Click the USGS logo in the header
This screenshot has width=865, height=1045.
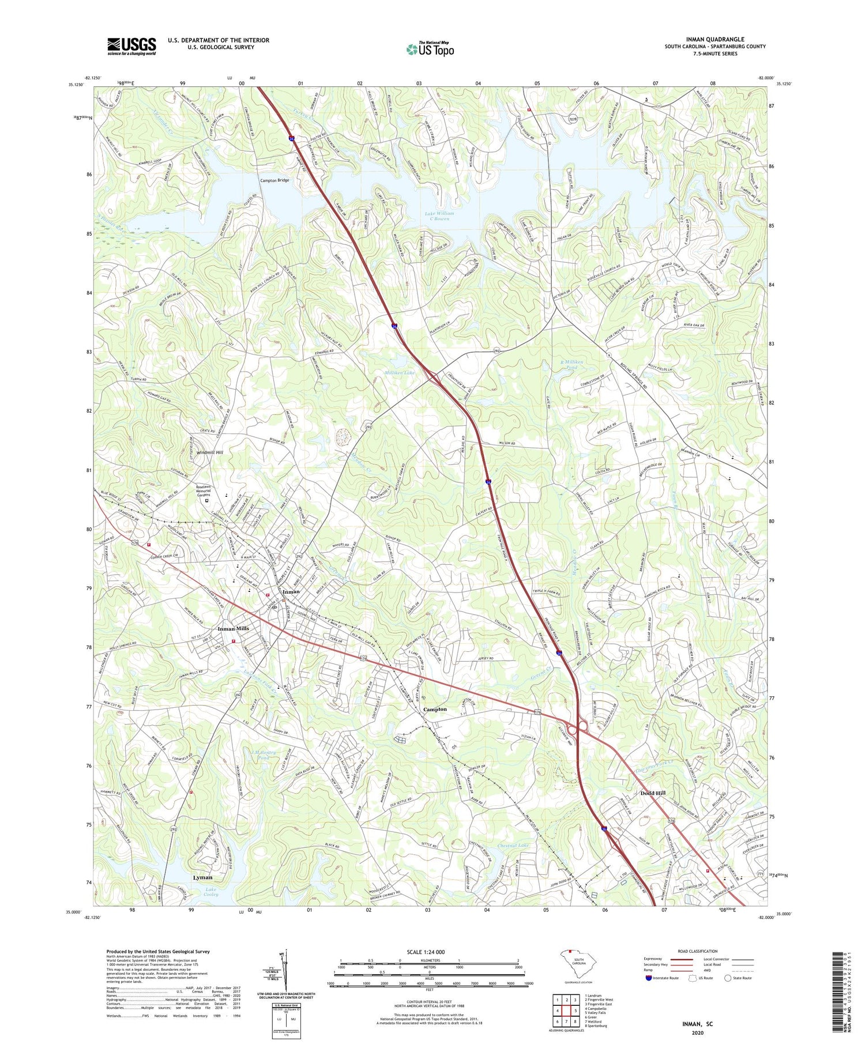131,46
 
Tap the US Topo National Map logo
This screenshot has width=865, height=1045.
430,49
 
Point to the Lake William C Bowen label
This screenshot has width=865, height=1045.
440,216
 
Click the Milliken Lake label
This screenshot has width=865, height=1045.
400,373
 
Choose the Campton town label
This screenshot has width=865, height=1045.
435,710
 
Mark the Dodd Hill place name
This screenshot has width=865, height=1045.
653,793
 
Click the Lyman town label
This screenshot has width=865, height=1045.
202,877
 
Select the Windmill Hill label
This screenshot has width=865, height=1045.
213,452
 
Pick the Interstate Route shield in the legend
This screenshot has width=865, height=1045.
650,978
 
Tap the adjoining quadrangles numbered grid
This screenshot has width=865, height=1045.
566,1009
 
